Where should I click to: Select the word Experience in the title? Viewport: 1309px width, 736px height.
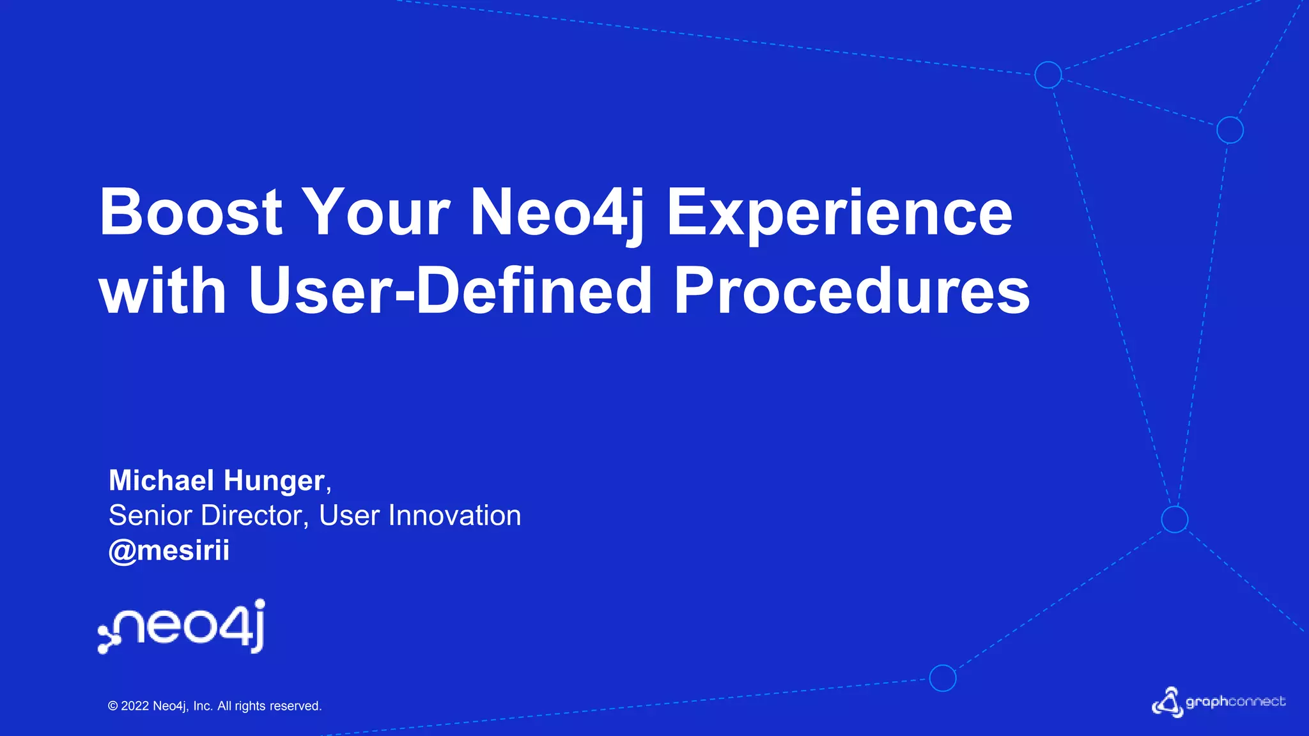coord(839,213)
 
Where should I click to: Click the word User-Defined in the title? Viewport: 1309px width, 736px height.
coord(449,291)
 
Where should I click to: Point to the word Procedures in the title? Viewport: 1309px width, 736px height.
coord(851,291)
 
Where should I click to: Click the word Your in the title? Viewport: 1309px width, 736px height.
coord(376,212)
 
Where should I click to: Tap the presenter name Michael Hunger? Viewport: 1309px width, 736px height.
coord(217,480)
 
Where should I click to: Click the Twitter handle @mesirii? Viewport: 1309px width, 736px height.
coord(169,551)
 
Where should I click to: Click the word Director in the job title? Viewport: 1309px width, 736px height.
coord(251,516)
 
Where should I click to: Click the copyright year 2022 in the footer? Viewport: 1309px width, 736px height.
coord(135,706)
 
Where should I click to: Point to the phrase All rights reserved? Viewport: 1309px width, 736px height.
coord(269,706)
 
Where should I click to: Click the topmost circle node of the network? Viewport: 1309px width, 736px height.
coord(1048,75)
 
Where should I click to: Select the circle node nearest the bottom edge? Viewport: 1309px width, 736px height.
coord(942,678)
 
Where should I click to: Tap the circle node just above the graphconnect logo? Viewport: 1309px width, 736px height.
coord(1174,519)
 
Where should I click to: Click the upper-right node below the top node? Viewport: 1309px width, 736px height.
coord(1230,130)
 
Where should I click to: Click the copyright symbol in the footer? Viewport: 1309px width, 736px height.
coord(113,706)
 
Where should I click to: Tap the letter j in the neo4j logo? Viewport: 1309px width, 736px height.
coord(258,626)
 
